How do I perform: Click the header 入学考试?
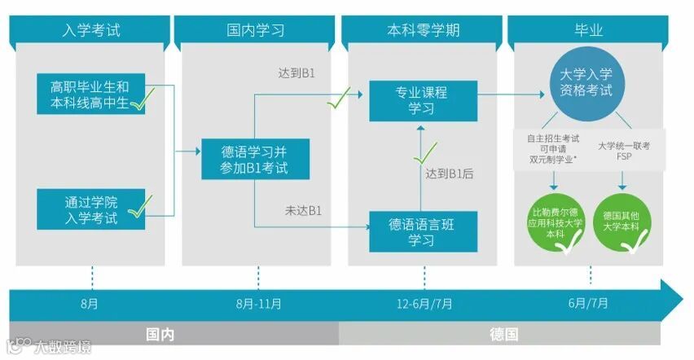[x=90, y=31]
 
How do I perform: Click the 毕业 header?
[x=589, y=31]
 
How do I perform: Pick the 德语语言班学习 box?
[x=421, y=231]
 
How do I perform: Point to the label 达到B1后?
[x=450, y=173]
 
